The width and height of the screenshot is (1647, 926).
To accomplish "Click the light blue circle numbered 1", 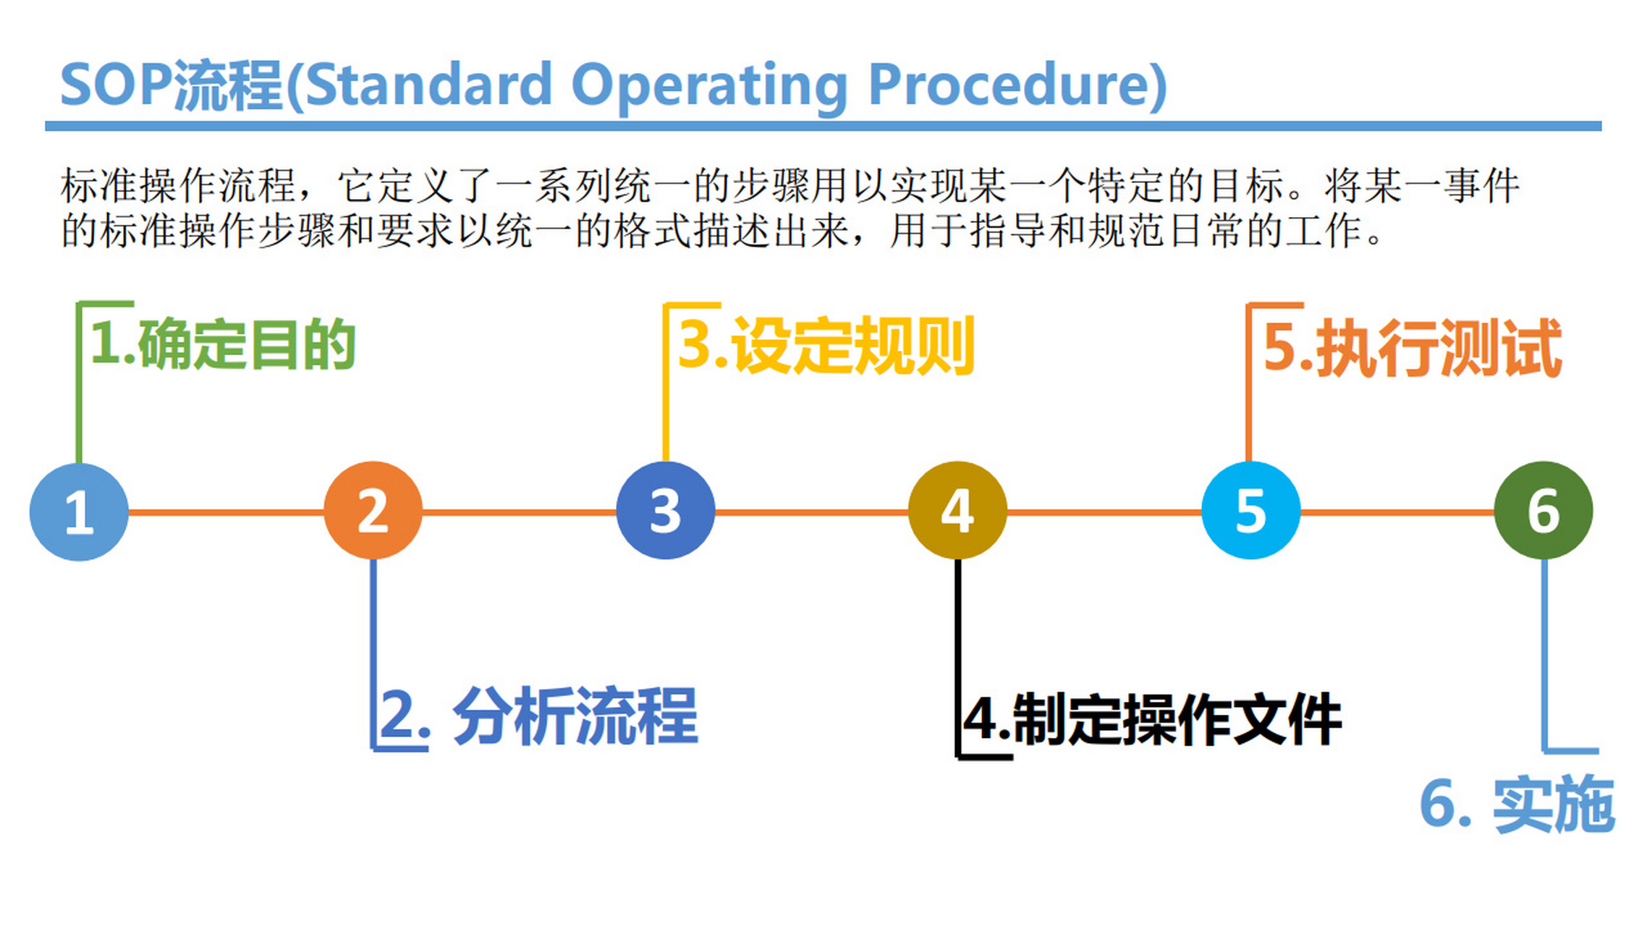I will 79,511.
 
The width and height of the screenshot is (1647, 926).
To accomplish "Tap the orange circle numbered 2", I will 373,510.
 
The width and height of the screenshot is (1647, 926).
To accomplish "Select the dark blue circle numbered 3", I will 665,510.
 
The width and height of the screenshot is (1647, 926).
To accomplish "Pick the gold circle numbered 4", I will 957,510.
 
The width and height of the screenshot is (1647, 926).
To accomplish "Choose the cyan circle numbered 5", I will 1250,510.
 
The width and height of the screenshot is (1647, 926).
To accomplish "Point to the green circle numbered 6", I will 1543,510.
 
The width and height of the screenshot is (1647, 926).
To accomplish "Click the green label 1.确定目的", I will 223,344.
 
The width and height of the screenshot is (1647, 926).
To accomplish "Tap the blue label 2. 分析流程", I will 538,716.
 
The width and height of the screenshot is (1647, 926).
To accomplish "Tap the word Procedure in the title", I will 1017,85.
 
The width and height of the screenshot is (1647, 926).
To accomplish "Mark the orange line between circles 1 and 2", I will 226,512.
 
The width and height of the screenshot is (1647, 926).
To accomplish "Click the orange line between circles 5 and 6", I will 1397,512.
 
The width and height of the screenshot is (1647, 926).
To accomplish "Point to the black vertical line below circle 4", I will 958,651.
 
